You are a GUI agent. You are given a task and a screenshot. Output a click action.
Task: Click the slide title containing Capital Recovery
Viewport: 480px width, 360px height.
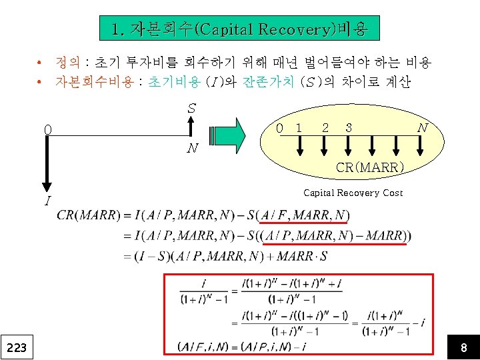click(x=239, y=29)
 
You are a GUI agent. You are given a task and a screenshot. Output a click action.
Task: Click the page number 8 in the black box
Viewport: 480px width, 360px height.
click(x=463, y=347)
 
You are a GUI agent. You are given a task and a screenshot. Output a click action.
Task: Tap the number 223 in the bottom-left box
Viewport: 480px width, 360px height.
click(x=17, y=347)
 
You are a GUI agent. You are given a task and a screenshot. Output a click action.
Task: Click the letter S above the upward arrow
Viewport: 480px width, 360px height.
click(x=191, y=107)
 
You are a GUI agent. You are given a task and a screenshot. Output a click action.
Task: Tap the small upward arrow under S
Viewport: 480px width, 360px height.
click(x=191, y=126)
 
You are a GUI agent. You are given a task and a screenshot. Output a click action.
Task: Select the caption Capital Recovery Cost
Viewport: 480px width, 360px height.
click(x=353, y=193)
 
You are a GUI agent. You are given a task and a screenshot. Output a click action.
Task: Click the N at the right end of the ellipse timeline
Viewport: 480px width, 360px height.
click(x=422, y=127)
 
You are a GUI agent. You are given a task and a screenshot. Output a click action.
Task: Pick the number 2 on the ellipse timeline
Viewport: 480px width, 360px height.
click(x=325, y=127)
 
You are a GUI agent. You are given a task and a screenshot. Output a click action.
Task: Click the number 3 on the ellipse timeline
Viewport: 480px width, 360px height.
click(x=349, y=127)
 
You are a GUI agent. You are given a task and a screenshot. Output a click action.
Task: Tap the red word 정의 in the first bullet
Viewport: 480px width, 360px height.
click(x=68, y=63)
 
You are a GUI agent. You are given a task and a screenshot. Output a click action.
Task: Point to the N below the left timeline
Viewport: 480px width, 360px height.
click(x=192, y=148)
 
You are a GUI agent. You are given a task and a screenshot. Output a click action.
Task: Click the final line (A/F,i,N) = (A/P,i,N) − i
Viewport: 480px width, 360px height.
click(x=242, y=346)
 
